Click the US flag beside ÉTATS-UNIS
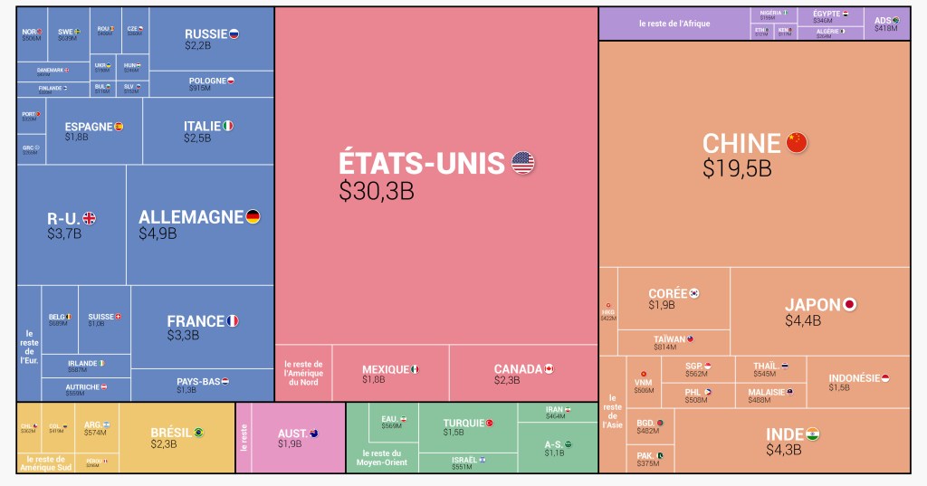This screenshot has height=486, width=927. click(523, 163)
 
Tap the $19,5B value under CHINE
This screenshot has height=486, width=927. click(737, 168)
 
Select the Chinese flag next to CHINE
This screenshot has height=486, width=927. click(797, 143)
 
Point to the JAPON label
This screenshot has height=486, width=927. click(813, 305)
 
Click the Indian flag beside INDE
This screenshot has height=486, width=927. click(813, 434)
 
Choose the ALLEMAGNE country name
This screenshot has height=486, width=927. click(191, 217)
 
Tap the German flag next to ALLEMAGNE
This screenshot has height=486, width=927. click(253, 217)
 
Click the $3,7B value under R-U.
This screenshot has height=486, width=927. click(64, 233)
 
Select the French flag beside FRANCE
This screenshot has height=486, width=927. click(232, 321)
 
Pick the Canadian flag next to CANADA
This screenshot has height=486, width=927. click(549, 369)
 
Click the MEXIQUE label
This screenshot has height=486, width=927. click(386, 369)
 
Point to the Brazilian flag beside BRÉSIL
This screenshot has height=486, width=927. click(198, 433)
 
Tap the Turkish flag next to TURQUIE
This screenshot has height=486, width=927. click(490, 423)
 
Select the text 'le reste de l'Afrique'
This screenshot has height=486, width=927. click(674, 24)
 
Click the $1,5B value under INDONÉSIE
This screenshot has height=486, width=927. click(839, 387)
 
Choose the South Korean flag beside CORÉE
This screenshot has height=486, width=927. click(694, 293)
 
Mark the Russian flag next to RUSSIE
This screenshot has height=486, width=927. click(234, 33)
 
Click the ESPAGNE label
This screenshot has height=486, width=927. click(88, 127)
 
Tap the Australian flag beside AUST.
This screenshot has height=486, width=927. click(314, 434)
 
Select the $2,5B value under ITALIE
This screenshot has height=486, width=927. click(197, 138)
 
